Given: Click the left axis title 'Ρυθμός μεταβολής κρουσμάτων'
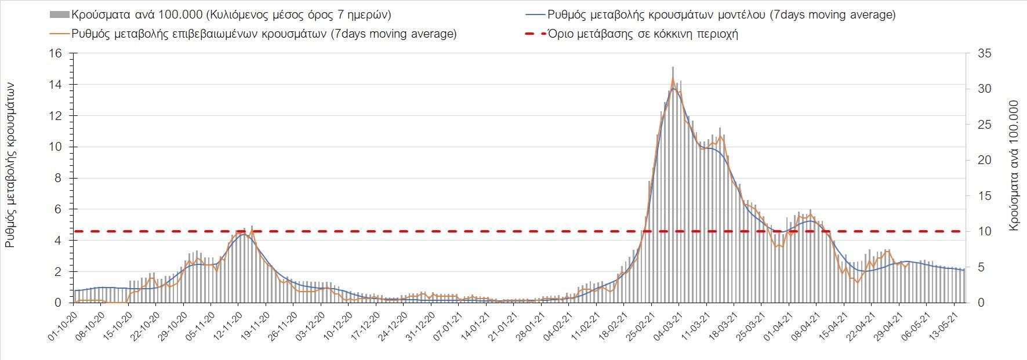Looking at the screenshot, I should click(x=10, y=165).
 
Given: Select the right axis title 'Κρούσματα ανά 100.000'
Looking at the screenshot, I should click(x=1014, y=166).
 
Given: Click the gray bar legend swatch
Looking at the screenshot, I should click(x=60, y=14).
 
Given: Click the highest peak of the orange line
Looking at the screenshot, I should click(x=673, y=79).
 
